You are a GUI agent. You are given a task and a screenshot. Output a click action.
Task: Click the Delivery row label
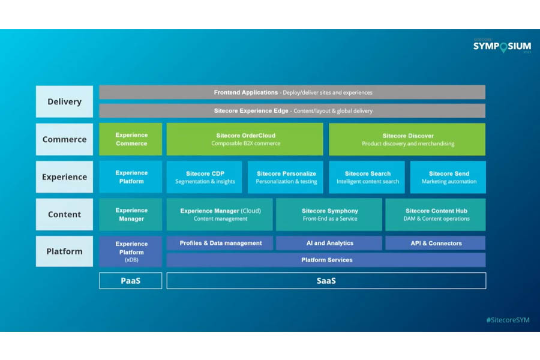pos(64,101)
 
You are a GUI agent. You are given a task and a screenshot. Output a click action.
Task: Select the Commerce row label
pos(64,139)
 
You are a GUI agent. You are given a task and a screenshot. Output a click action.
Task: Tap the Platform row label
pos(64,251)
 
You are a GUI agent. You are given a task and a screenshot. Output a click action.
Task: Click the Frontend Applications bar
pos(292,92)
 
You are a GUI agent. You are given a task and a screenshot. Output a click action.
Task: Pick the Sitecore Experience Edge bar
pos(292,111)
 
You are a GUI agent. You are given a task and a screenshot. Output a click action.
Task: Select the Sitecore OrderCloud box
pos(245,139)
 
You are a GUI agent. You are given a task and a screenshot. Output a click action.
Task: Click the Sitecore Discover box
pos(407,139)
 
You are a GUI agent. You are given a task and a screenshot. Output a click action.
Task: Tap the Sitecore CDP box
pos(205,177)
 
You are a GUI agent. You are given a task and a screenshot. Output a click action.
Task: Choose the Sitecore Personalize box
pos(286,177)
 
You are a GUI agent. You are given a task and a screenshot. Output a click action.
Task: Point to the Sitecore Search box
pos(367,177)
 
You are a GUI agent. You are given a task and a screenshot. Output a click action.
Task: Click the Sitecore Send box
pos(448,177)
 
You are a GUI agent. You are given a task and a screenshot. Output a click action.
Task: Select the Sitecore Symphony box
pos(329,214)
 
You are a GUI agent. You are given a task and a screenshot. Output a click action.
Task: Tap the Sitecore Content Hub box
pos(436,214)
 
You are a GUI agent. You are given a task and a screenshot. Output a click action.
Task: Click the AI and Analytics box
pos(329,243)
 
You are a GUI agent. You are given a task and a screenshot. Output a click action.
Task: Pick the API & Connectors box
pos(436,243)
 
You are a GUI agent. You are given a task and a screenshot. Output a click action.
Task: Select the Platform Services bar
pos(326,260)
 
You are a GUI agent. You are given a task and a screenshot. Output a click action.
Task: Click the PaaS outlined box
pos(130,281)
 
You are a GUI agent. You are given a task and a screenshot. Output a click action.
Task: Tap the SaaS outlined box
pos(326,281)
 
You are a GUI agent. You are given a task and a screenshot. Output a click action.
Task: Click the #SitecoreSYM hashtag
pos(508,320)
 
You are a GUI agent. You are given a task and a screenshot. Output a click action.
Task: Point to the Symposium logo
pos(502,46)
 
